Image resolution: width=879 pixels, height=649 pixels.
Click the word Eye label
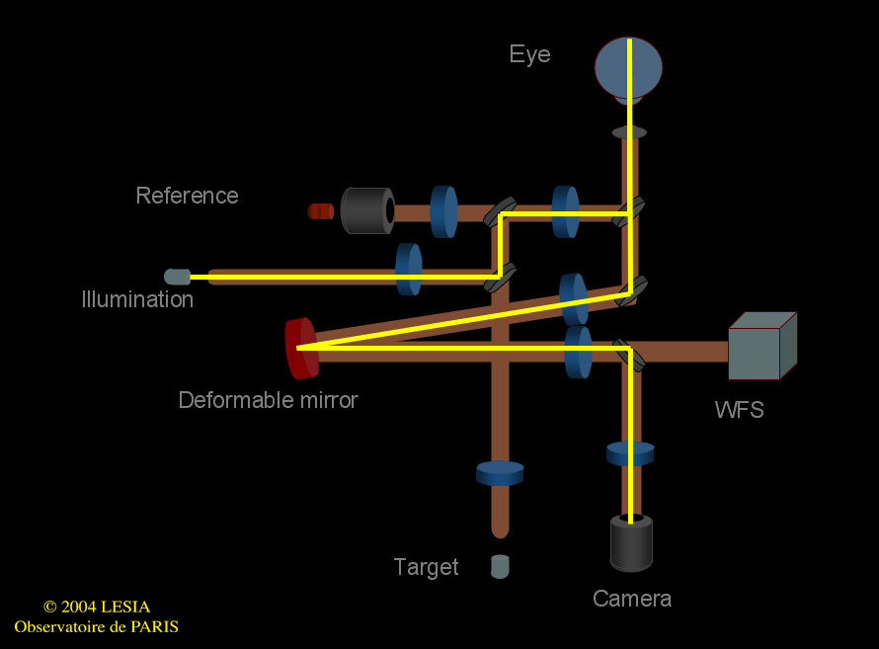tap(529, 54)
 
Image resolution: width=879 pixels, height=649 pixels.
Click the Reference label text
tap(187, 196)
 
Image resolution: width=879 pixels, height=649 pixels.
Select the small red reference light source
tap(320, 210)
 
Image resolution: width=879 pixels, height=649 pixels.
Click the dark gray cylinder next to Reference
tap(366, 210)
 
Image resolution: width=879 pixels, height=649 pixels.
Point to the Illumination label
tap(137, 299)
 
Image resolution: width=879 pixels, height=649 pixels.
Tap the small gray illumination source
tap(178, 277)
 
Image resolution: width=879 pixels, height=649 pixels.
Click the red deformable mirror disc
tap(300, 348)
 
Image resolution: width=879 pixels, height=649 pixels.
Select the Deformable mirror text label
tap(268, 400)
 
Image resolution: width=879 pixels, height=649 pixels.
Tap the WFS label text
tap(739, 410)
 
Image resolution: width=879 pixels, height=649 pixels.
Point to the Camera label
tap(632, 599)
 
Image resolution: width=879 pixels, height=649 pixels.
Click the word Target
tap(426, 567)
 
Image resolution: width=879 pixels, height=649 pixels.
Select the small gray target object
tap(500, 567)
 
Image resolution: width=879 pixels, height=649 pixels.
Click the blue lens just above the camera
tap(630, 453)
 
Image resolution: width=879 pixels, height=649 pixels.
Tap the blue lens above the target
tap(500, 473)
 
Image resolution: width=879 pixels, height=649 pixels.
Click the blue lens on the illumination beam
tap(408, 269)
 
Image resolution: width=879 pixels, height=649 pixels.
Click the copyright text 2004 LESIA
tap(97, 607)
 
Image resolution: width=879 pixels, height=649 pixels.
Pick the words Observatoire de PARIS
tap(96, 626)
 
